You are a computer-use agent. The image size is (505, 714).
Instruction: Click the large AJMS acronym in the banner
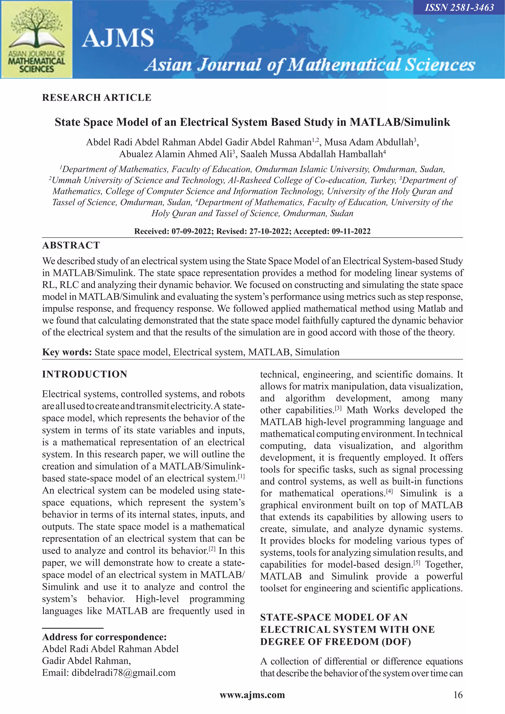(118, 38)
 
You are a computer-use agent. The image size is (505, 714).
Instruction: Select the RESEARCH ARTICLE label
(97, 98)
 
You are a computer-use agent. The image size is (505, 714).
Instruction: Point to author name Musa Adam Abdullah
(368, 142)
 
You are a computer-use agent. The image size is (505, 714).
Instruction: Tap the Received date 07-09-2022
(191, 231)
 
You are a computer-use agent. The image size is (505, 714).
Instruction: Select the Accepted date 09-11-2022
(351, 231)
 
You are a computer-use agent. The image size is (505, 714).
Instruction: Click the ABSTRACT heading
(71, 245)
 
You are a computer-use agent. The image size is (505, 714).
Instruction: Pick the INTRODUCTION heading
(85, 374)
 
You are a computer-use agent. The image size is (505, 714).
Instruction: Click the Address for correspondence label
(104, 637)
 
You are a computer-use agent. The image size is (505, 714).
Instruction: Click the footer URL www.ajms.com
(252, 695)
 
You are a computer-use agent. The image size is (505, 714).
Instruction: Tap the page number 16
(458, 695)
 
